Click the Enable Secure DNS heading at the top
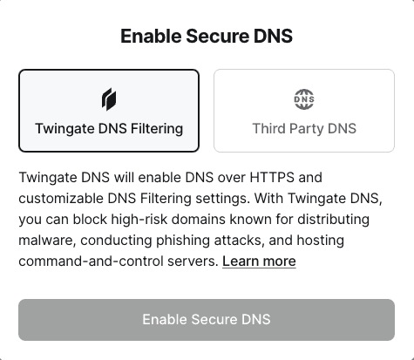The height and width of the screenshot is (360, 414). pyautogui.click(x=207, y=36)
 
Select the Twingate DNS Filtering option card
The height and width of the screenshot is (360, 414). pyautogui.click(x=109, y=111)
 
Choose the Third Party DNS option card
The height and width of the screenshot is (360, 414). pyautogui.click(x=304, y=111)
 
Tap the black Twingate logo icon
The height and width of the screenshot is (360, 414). pyautogui.click(x=109, y=99)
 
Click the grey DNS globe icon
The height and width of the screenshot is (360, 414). pyautogui.click(x=304, y=99)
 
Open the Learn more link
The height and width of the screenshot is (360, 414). pyautogui.click(x=259, y=261)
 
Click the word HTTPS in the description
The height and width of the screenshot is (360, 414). pyautogui.click(x=272, y=177)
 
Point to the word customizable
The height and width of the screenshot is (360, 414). pyautogui.click(x=61, y=199)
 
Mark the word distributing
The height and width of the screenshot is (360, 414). pyautogui.click(x=333, y=220)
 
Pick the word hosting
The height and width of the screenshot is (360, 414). pyautogui.click(x=321, y=241)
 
